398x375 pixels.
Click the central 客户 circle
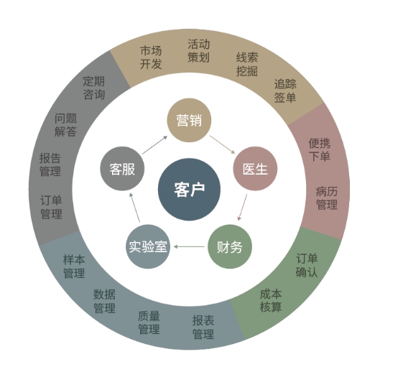pos(189,190)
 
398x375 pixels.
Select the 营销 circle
pos(189,120)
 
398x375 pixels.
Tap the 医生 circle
pos(255,169)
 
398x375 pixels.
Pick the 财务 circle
pos(230,246)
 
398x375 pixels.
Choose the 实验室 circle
pos(148,246)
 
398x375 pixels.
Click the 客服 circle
pos(122,169)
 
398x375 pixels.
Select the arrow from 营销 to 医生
pos(223,144)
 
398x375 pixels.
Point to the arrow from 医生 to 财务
pos(242,208)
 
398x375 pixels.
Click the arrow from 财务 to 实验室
pos(189,246)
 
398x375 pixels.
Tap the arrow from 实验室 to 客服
pos(134,208)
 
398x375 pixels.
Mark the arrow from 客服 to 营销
pos(155,145)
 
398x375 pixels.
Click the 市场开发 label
pos(151,57)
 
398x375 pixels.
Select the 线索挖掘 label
pos(247,64)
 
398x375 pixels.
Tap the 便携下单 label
pos(320,150)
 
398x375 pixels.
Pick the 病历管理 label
pos(327,198)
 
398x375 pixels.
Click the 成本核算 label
pos(271,300)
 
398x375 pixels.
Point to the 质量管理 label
pos(149,323)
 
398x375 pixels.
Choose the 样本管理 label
pos(74,267)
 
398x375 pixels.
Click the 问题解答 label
pos(65,125)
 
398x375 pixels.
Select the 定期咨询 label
pos(94,88)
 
